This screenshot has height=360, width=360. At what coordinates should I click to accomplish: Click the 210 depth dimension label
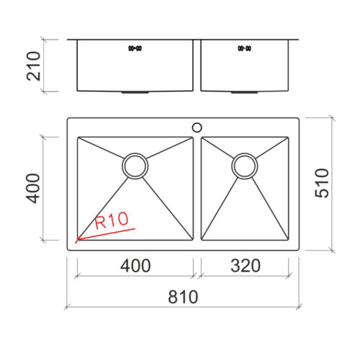[34, 66]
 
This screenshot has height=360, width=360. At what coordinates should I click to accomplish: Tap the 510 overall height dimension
[322, 183]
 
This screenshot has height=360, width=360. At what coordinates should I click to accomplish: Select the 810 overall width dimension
[183, 297]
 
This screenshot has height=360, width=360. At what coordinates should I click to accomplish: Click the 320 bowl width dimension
[246, 266]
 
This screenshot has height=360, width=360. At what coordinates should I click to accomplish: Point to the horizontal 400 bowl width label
[135, 266]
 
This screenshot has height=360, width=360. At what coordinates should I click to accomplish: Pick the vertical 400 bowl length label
[33, 189]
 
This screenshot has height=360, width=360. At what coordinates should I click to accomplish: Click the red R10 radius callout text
[112, 220]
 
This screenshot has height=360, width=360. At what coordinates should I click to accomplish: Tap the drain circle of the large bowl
[135, 166]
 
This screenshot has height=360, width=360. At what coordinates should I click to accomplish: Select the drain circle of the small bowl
[245, 166]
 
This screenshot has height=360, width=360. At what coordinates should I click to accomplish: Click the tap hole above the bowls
[197, 127]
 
